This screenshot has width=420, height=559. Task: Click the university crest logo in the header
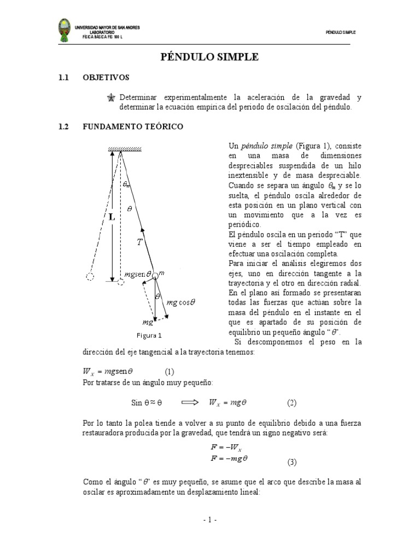65,31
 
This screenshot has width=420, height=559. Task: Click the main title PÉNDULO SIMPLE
209,57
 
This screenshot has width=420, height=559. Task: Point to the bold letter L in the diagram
112,217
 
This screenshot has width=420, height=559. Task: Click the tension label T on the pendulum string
140,242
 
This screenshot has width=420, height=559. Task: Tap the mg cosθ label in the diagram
181,301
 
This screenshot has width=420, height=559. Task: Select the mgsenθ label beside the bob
137,274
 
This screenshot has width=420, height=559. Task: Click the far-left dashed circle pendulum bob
91,277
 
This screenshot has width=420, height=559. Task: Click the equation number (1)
169,372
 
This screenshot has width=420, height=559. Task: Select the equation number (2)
291,403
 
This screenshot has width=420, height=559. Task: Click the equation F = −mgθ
229,459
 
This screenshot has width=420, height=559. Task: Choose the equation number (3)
291,462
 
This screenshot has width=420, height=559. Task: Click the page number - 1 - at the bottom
210,520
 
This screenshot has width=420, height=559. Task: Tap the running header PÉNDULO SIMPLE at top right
340,32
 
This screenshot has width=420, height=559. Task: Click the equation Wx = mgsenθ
108,372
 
